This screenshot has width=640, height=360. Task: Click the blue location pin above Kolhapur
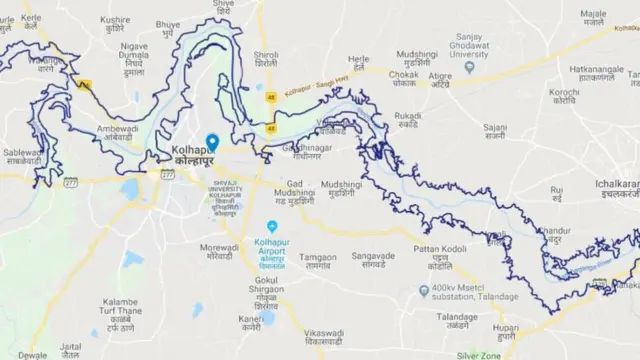pyautogui.click(x=212, y=143)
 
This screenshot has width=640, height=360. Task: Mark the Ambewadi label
pyautogui.click(x=117, y=133)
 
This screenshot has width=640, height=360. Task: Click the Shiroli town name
pyautogui.click(x=266, y=60)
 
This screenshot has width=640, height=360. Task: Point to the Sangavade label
pyautogui.click(x=374, y=261)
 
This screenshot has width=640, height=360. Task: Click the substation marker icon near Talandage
pyautogui.click(x=424, y=290)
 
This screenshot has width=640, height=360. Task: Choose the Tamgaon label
pyautogui.click(x=318, y=262)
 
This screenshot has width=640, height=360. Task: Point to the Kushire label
pyautogui.click(x=115, y=25)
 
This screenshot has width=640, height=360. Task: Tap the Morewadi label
pyautogui.click(x=219, y=251)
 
